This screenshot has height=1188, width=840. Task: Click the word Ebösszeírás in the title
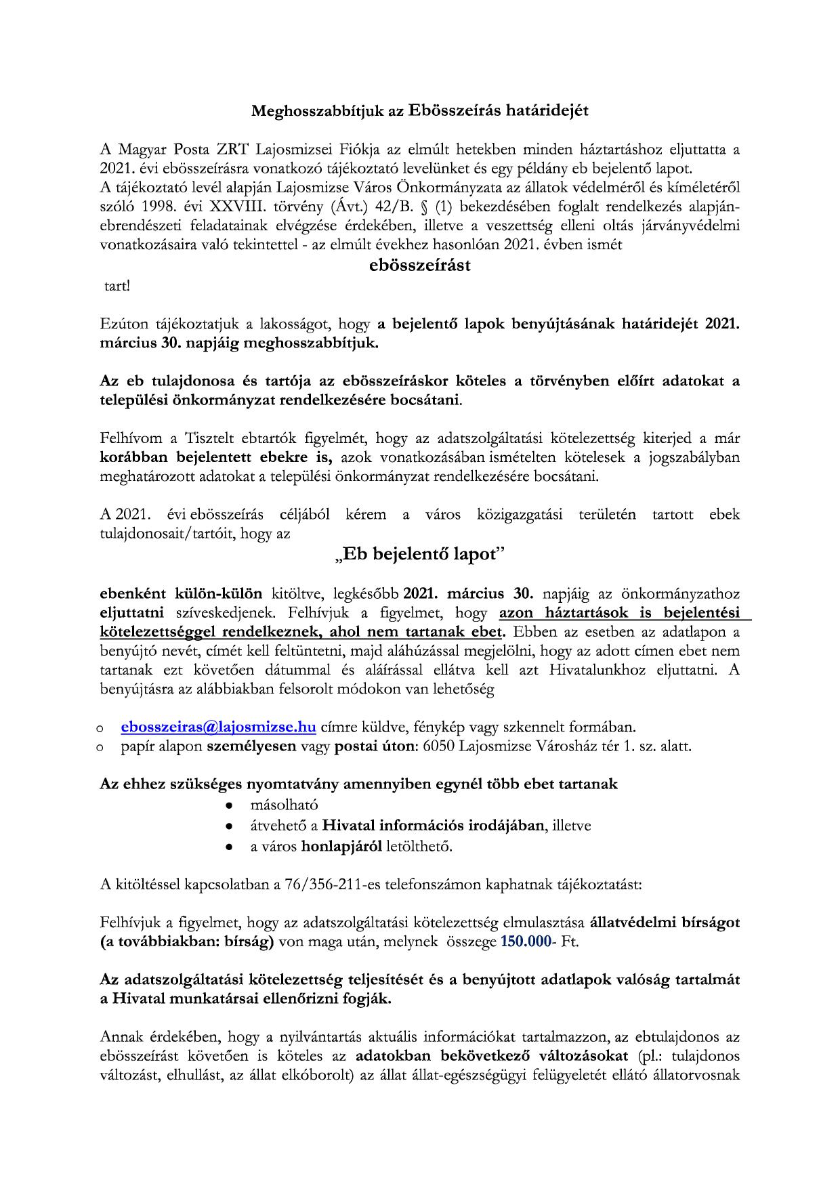click(455, 110)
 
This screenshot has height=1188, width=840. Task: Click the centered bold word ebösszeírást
click(420, 266)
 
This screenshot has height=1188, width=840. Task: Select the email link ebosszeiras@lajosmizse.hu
click(219, 727)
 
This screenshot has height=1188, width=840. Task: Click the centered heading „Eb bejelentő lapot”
click(420, 554)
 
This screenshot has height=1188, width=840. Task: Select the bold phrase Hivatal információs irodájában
click(434, 826)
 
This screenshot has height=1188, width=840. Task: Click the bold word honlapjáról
click(341, 846)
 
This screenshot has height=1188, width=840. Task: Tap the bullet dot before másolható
click(230, 806)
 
